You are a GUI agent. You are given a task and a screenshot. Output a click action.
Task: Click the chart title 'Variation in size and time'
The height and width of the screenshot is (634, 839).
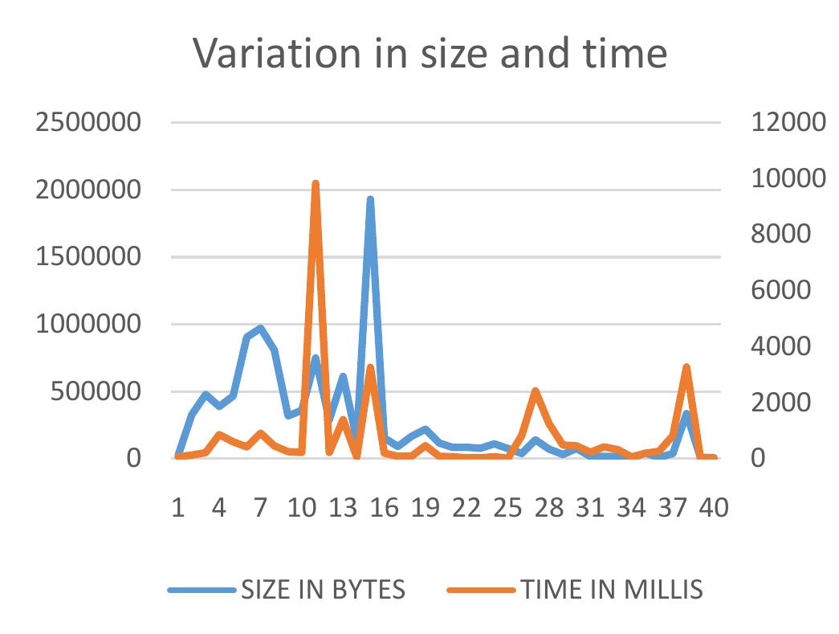(430, 54)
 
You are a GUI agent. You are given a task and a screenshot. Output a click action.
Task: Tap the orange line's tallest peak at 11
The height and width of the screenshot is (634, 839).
(316, 184)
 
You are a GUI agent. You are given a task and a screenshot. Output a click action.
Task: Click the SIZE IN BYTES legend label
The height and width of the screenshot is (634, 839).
(322, 591)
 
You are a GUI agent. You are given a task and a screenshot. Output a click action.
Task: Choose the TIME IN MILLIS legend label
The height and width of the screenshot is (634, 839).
(612, 591)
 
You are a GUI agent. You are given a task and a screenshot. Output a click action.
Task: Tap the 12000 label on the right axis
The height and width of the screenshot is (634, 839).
(788, 123)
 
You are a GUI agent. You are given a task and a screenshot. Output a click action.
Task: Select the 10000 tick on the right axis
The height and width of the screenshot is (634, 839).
(788, 179)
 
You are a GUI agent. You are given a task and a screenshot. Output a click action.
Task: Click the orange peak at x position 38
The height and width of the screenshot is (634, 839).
(686, 367)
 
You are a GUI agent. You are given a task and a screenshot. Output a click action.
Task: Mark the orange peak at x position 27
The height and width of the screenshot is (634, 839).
(536, 391)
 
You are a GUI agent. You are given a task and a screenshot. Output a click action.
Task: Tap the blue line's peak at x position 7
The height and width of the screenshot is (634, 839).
(260, 329)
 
